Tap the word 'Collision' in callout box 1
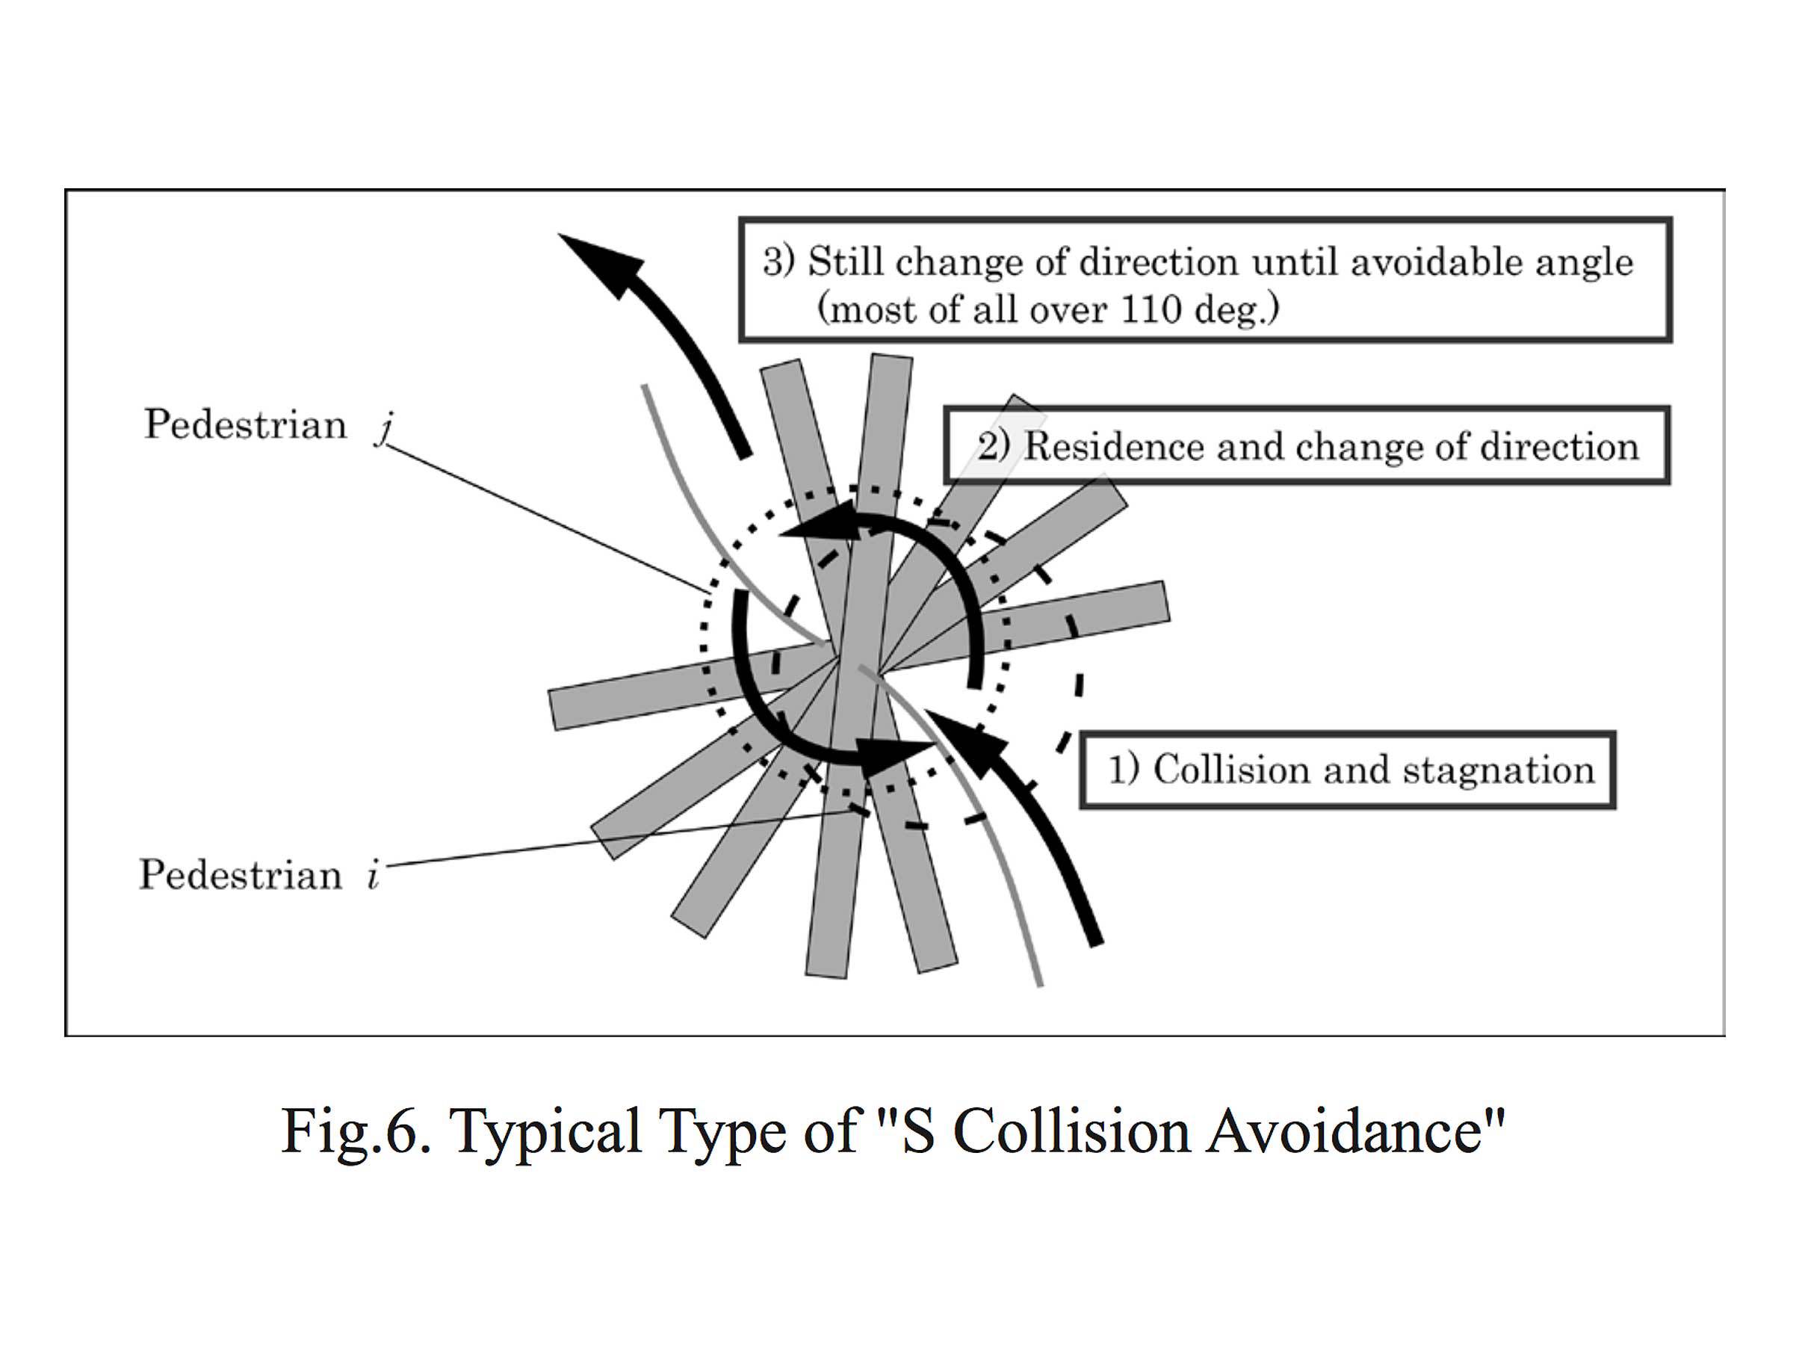(1231, 770)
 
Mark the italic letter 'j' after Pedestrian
(383, 427)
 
